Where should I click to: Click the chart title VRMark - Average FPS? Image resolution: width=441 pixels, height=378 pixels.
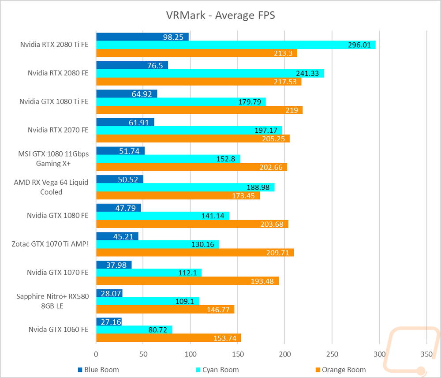220,15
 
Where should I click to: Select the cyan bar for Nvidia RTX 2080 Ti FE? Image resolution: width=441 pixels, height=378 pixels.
236,45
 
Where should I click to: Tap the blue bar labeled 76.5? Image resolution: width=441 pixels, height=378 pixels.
132,65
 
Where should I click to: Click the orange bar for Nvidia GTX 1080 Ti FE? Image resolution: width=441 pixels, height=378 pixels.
199,110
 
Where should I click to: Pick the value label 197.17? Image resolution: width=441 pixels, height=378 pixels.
266,130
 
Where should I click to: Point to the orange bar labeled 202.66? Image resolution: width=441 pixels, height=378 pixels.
192,167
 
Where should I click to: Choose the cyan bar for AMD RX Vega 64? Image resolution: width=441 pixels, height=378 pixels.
185,187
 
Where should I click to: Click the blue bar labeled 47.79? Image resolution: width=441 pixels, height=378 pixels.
118,208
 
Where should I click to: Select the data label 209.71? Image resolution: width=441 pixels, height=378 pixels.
277,253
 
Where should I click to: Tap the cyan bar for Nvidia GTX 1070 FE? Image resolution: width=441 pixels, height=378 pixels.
149,273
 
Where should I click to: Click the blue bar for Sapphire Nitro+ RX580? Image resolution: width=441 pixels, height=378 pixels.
109,293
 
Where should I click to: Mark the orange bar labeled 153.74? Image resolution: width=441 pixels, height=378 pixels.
169,338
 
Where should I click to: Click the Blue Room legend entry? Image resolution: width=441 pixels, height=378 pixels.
98,370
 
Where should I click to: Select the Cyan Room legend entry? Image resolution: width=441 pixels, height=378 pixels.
217,370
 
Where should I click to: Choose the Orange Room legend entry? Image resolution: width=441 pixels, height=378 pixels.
341,370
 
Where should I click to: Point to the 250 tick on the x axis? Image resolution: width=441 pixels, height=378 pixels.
332,354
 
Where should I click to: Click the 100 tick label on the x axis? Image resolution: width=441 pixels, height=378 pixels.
191,354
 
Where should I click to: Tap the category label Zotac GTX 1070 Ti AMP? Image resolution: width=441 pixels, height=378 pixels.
50,244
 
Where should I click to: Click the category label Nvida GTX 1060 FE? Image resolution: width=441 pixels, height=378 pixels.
59,329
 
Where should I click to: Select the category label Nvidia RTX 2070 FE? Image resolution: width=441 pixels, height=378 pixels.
58,130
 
